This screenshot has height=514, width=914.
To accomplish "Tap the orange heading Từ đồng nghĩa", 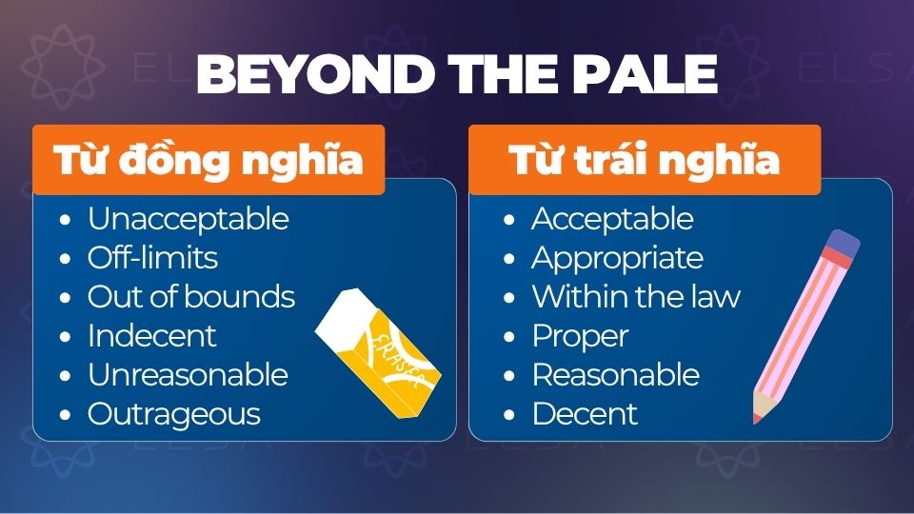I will point(209,159).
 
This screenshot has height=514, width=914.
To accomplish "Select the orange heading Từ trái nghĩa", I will point(645,159).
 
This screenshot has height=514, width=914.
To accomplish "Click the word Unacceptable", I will point(188,219).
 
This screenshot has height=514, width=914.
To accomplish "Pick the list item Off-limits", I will point(152,258).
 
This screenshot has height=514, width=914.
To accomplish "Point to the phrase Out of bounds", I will point(190,297).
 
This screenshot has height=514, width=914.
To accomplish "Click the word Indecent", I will point(151,336).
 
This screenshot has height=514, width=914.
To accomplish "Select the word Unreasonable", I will point(188,375).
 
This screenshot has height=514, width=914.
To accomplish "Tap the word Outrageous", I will point(173,414).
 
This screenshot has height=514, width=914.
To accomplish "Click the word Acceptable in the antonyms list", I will point(612,219).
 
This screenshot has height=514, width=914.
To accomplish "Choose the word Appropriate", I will point(617,258).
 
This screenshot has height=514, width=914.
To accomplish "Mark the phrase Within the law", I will point(635,297).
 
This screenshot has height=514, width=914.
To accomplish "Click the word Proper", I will point(580,336).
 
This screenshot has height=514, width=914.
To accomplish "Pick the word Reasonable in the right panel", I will point(615,375).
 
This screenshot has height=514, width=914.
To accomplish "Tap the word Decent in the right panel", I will point(585,414).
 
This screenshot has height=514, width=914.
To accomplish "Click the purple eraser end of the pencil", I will point(842,245).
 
